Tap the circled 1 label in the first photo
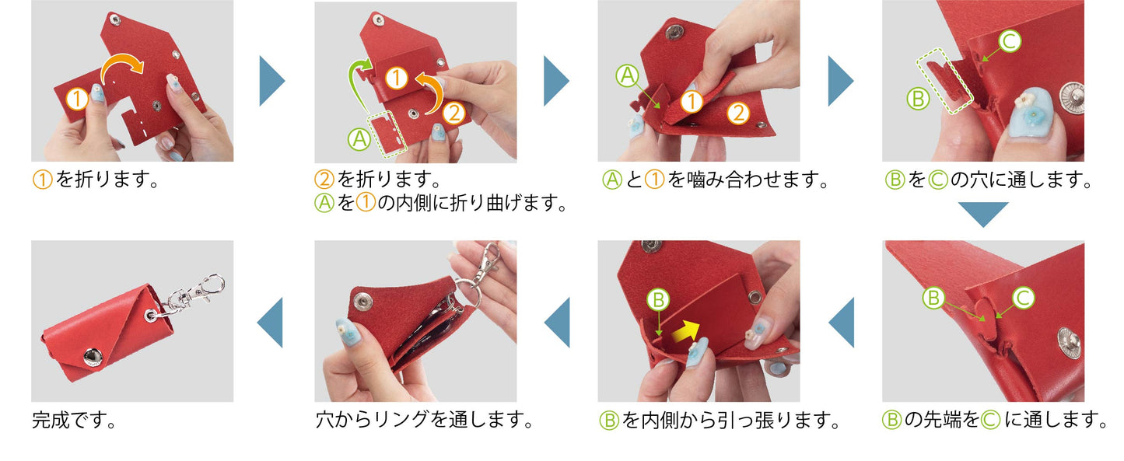pyautogui.click(x=77, y=99)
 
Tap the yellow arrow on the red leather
pyautogui.click(x=685, y=332)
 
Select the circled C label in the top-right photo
pyautogui.click(x=1010, y=40)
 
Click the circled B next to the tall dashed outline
pyautogui.click(x=919, y=99)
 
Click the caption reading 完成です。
pyautogui.click(x=74, y=420)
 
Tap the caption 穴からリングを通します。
pyautogui.click(x=425, y=420)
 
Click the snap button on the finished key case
pyautogui.click(x=93, y=357)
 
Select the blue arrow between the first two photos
pyautogui.click(x=272, y=81)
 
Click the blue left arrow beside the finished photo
pyautogui.click(x=270, y=322)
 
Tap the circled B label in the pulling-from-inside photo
pyautogui.click(x=658, y=299)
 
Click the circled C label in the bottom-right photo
pyautogui.click(x=1023, y=298)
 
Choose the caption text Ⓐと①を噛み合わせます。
pyautogui.click(x=716, y=180)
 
